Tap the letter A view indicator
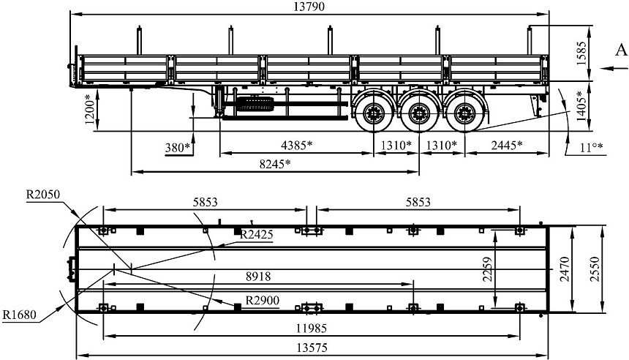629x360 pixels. point(619,50)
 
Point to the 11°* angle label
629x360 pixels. point(591,147)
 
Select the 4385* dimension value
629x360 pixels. point(297,144)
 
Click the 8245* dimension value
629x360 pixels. point(274,163)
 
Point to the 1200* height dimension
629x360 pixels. point(88,110)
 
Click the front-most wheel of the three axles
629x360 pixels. point(374,113)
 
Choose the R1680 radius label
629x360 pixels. point(20,315)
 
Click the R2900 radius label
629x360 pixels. point(261,300)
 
